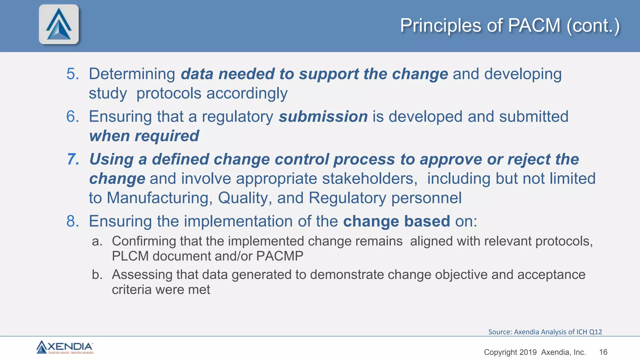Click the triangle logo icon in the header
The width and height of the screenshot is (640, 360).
pos(59,24)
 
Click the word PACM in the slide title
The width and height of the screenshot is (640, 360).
pos(534,25)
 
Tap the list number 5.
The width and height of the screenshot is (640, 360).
pos(72,74)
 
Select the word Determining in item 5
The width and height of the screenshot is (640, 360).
pos(132,74)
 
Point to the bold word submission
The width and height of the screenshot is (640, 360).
pos(323,117)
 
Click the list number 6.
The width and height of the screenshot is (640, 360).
pos(72,117)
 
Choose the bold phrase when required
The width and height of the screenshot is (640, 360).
pos(144,136)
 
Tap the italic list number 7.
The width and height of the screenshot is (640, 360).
pos(73,159)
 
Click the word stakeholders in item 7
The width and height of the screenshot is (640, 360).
pos(369,179)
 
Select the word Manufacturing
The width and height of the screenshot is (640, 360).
pos(159,198)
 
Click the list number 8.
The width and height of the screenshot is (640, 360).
pos(72,221)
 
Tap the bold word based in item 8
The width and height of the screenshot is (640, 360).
pos(427,221)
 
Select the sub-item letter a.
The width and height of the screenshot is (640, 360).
pos(97,241)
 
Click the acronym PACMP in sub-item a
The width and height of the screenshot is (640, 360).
pos(280,256)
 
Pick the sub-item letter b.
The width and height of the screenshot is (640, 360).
pos(97,275)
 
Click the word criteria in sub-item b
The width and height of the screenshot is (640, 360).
pos(132,290)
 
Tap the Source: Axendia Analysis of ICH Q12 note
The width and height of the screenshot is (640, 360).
pos(545,332)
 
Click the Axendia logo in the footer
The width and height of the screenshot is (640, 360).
pos(65,347)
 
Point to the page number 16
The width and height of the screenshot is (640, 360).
pos(603,352)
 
